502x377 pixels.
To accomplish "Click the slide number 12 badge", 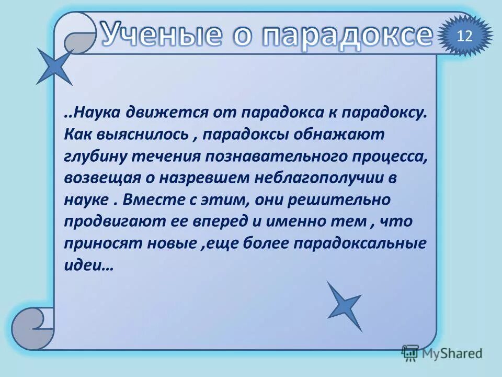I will pyautogui.click(x=464, y=36).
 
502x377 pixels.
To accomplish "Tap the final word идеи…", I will pyautogui.click(x=89, y=265).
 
